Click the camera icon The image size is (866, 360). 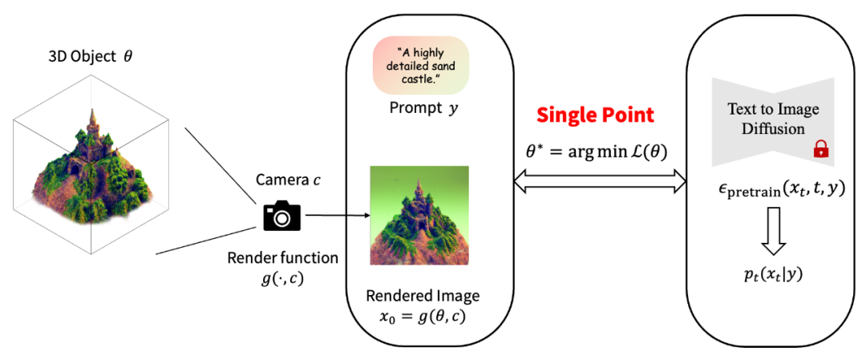[281, 216]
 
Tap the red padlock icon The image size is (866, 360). [820, 148]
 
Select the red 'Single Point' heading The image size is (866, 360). [595, 115]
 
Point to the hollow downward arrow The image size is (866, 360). [774, 229]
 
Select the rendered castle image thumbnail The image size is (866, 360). [419, 215]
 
